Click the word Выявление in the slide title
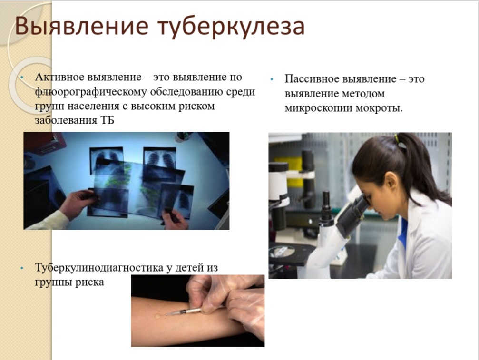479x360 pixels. click(81, 27)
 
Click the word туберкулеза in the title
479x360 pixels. click(231, 27)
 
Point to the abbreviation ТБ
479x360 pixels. click(107, 120)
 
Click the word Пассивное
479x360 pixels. click(311, 79)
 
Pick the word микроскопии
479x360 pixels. click(319, 108)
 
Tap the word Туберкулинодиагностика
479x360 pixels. click(99, 268)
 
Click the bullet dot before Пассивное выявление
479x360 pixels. click(272, 80)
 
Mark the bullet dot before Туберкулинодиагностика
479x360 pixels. click(22, 268)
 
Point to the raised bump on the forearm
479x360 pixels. click(157, 316)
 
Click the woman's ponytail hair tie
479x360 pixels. click(397, 138)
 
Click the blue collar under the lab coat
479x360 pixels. click(403, 234)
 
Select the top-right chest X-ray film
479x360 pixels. click(160, 158)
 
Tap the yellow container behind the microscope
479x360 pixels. click(288, 171)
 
